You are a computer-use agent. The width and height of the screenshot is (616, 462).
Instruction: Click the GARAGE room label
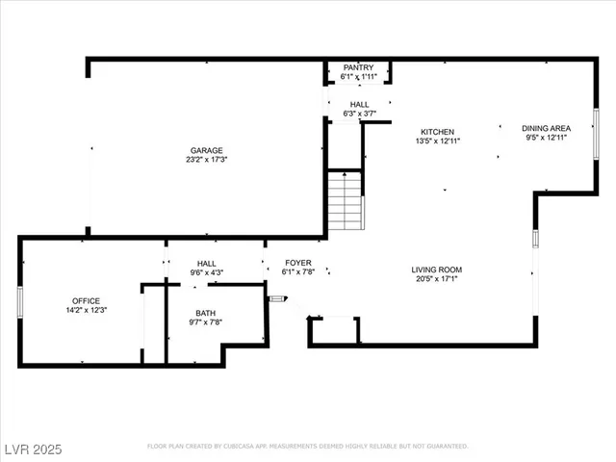206,150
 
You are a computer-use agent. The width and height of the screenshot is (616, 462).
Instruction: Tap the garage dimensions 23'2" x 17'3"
206,160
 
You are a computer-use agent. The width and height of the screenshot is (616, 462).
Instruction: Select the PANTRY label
358,67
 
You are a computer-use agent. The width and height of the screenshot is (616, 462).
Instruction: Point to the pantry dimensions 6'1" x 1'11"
358,77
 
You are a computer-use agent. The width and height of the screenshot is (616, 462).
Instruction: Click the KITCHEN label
437,132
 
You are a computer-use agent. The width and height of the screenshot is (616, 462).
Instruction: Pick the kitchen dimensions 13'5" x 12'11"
437,141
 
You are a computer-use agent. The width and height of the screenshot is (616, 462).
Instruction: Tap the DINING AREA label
546,128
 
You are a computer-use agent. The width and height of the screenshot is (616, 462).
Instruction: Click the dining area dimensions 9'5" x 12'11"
546,138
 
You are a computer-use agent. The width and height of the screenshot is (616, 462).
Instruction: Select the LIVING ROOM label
437,269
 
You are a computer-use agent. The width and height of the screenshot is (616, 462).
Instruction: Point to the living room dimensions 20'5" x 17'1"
437,280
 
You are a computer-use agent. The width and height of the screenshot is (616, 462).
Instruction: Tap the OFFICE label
86,300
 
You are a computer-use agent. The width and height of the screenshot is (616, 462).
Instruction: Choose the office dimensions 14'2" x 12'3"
86,310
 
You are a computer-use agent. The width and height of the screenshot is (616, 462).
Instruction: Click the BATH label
206,313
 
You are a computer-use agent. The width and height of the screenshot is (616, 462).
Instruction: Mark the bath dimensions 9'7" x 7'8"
206,322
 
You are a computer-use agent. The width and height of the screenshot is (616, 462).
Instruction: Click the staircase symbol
345,200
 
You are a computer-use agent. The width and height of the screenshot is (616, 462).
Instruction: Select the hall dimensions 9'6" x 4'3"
206,272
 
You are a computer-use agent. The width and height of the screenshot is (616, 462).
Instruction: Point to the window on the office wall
20,300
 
